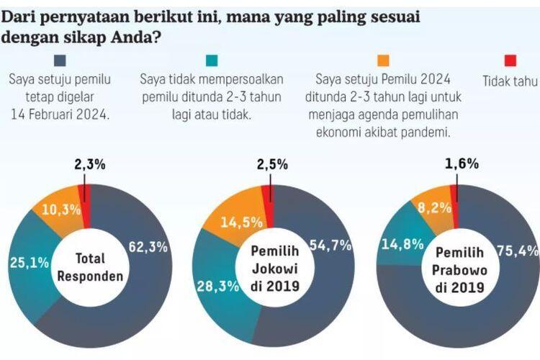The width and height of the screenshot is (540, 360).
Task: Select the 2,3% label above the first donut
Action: tap(90, 164)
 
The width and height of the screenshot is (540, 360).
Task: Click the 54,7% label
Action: tap(332, 246)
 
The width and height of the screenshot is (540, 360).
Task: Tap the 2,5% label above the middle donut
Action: tap(274, 164)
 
